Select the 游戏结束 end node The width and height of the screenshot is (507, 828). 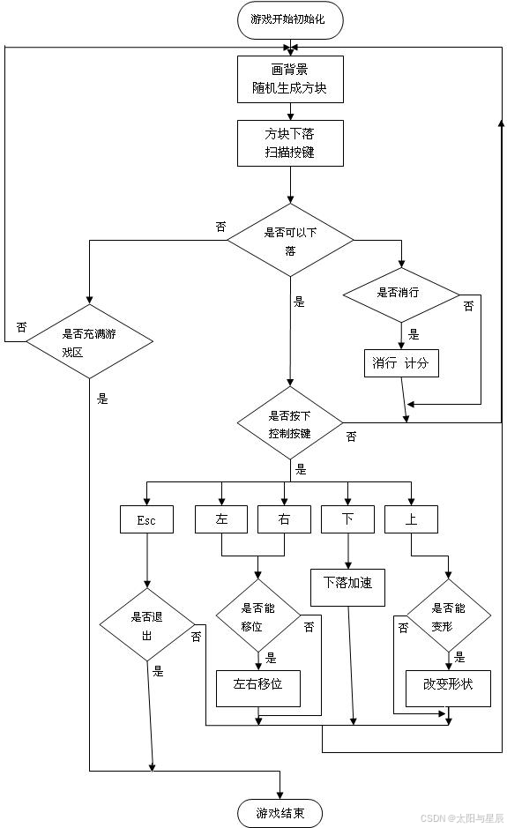[x=280, y=813]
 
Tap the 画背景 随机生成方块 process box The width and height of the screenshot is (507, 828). [x=290, y=79]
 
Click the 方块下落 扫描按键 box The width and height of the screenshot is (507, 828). [x=290, y=144]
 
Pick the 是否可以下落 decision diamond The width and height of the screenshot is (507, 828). [x=290, y=240]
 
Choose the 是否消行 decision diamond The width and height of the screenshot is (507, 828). [x=401, y=294]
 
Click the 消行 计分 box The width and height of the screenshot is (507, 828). [x=401, y=362]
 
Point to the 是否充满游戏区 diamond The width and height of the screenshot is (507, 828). [x=90, y=342]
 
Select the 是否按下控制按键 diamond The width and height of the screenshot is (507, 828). [x=290, y=423]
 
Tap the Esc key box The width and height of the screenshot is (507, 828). [x=146, y=519]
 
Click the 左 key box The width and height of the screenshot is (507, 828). [x=221, y=519]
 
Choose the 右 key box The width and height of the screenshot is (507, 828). [x=284, y=519]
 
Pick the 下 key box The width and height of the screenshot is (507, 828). [x=347, y=519]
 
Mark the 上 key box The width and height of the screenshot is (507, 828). [x=411, y=519]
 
